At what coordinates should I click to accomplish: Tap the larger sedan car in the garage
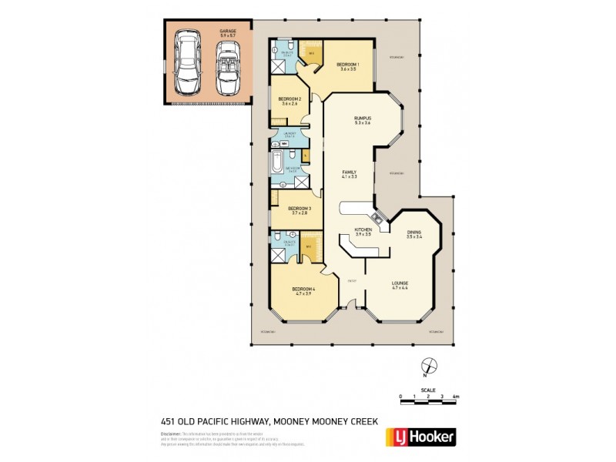(x=186, y=62)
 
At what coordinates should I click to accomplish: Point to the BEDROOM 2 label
(x=289, y=99)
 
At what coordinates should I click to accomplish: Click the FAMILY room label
(x=350, y=173)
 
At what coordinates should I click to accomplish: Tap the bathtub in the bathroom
(x=276, y=163)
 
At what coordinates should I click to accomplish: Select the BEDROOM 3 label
(x=299, y=209)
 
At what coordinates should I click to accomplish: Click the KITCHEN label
(x=363, y=229)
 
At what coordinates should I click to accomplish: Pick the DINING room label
(x=414, y=233)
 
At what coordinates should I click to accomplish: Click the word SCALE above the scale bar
(x=428, y=390)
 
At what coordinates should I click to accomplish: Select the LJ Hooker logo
(x=420, y=437)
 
